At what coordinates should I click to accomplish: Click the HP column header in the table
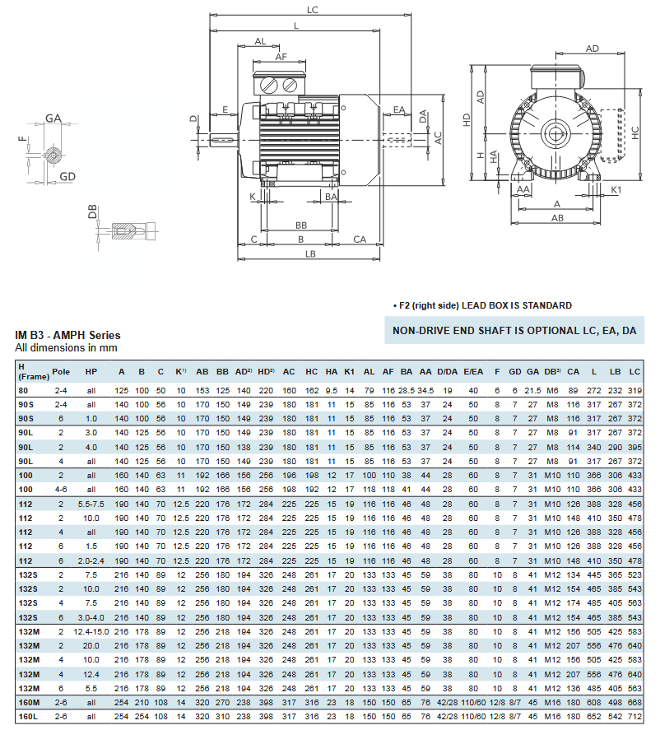click(x=91, y=371)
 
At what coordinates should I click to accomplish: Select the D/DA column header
click(x=448, y=371)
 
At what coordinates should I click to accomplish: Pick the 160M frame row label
click(x=27, y=702)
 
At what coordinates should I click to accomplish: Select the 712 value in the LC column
click(x=634, y=716)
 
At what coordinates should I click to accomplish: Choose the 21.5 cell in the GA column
click(x=532, y=390)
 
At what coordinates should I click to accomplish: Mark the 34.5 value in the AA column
click(x=425, y=390)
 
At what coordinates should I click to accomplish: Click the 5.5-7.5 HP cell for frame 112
click(x=91, y=503)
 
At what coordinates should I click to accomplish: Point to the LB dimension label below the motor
click(x=310, y=254)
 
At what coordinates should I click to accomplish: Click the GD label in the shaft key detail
click(x=68, y=177)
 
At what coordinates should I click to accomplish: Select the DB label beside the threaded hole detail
click(x=92, y=212)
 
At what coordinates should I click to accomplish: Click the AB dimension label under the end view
click(x=557, y=218)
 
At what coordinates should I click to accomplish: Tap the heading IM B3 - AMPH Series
click(x=67, y=335)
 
